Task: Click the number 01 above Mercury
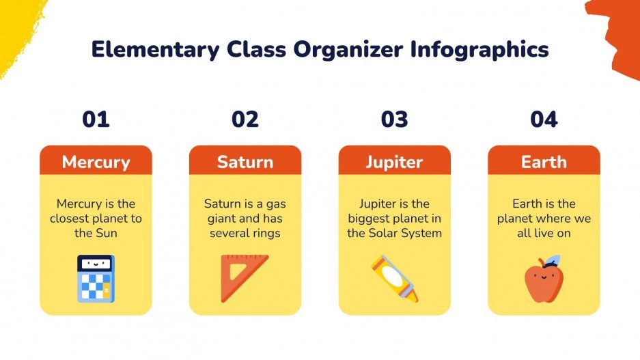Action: click(x=96, y=120)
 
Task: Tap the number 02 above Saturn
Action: click(x=245, y=120)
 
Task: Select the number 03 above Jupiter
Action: click(x=394, y=120)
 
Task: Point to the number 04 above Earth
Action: click(x=544, y=120)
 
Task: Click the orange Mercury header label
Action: click(x=96, y=162)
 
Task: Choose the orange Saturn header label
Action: click(x=245, y=162)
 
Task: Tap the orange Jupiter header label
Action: click(x=394, y=162)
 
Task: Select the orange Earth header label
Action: click(x=544, y=162)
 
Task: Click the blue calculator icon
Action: click(x=96, y=279)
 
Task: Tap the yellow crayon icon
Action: click(x=395, y=278)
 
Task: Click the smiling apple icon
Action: click(x=543, y=280)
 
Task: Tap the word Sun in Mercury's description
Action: click(x=105, y=233)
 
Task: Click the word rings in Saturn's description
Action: click(x=266, y=233)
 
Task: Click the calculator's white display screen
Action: click(x=95, y=263)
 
